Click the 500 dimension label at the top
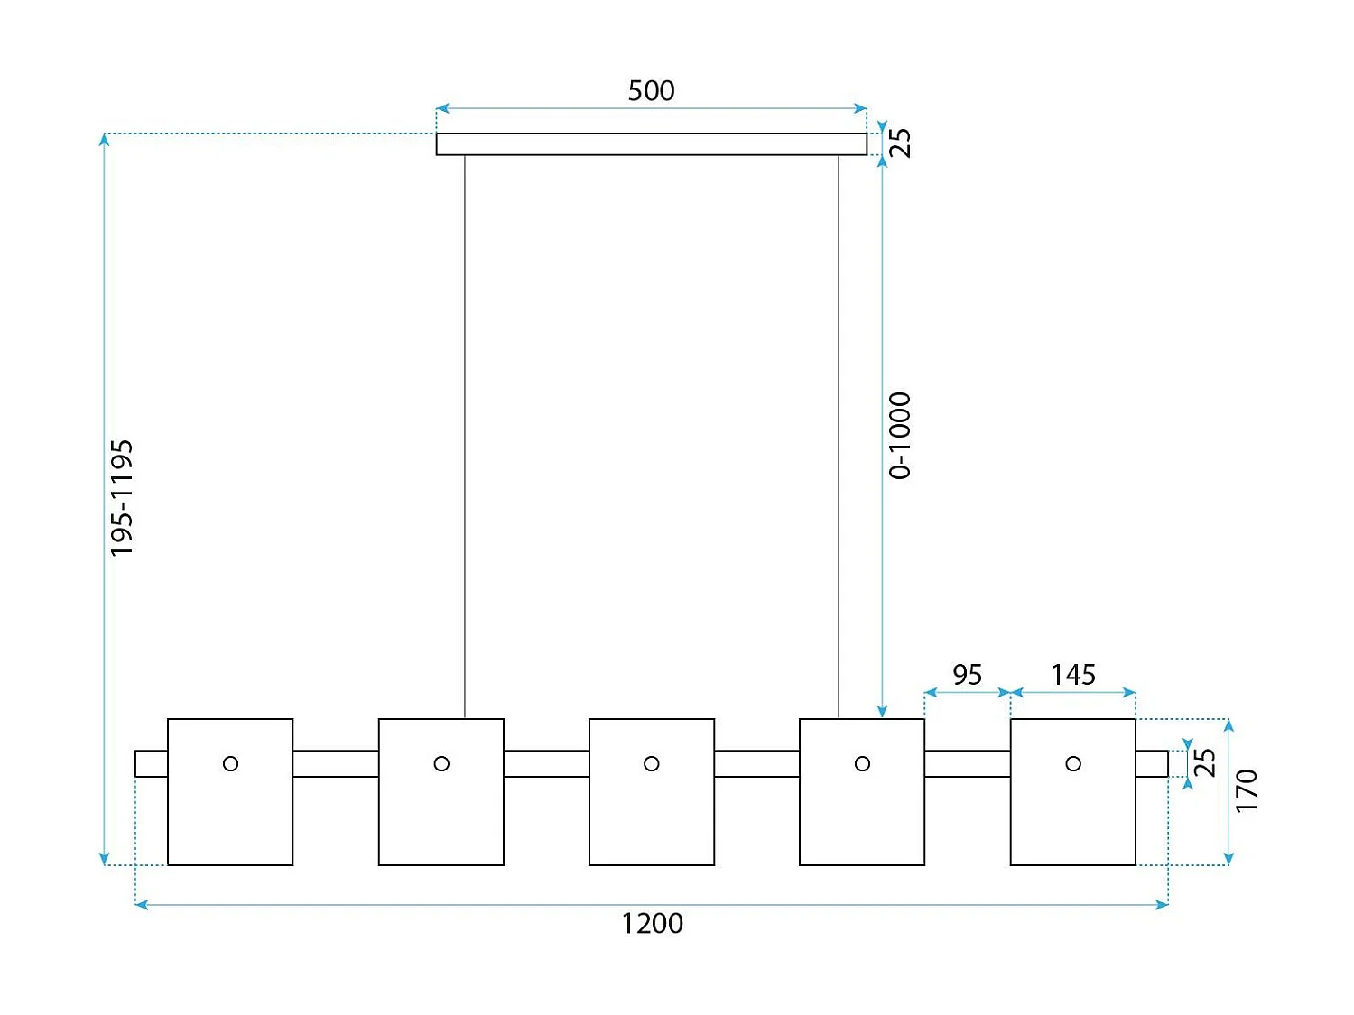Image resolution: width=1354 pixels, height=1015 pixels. (x=651, y=90)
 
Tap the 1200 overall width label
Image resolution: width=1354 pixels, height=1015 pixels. (x=652, y=924)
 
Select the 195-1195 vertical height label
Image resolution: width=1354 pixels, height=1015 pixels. (x=122, y=498)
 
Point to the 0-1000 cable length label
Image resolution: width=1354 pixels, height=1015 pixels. (x=900, y=435)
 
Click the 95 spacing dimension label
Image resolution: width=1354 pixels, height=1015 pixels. (x=967, y=675)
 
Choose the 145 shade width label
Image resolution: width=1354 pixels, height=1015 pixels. (x=1073, y=675)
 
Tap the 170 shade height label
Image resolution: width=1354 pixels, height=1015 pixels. (x=1246, y=790)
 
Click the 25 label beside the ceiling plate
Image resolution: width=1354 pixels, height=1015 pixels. (x=900, y=143)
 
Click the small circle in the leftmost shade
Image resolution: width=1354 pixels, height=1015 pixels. (x=230, y=764)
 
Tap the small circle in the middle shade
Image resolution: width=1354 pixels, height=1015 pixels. (x=652, y=764)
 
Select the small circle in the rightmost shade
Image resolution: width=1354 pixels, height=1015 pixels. (x=1073, y=764)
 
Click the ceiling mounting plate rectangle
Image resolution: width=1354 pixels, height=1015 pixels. (x=651, y=144)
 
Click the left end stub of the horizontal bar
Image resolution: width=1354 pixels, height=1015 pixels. (x=152, y=763)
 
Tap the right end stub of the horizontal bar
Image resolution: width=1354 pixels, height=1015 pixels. (x=1152, y=763)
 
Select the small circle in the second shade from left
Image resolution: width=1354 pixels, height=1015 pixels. (x=441, y=764)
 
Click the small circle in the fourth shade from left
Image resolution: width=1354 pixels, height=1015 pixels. (x=862, y=764)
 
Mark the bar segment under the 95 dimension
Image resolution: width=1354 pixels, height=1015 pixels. (x=967, y=763)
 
